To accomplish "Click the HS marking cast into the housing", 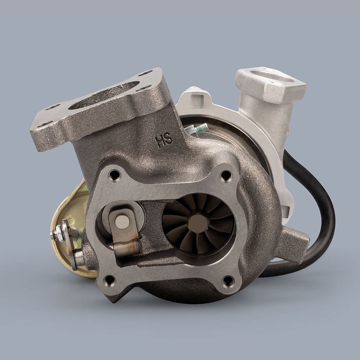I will [164, 140].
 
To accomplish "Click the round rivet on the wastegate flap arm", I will [122, 222].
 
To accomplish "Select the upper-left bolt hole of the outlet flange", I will [115, 175].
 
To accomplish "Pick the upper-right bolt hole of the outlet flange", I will [226, 176].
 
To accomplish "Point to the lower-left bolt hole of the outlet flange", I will [109, 280].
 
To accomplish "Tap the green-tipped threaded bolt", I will [198, 129].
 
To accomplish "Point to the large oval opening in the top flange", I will [104, 95].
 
